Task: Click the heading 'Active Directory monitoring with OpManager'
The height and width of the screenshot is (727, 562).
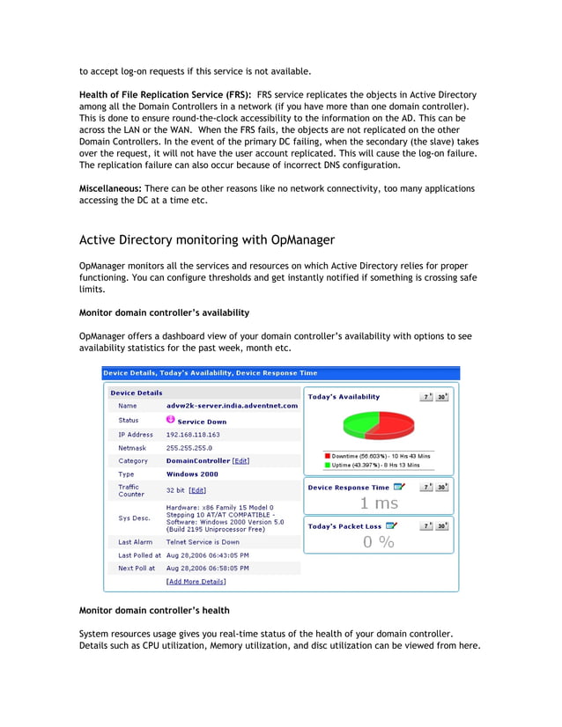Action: point(207,239)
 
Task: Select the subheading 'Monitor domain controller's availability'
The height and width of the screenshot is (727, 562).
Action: point(164,312)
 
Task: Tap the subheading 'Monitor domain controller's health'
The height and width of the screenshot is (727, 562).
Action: point(154,610)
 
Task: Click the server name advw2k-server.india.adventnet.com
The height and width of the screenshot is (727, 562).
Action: point(232,406)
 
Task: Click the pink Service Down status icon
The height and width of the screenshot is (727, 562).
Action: point(171,420)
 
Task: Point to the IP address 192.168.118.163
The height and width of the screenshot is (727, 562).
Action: point(193,435)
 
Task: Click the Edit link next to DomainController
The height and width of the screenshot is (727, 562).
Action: point(240,460)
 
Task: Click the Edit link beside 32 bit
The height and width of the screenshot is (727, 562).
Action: point(197,490)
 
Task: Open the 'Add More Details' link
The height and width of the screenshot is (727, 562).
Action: point(196,582)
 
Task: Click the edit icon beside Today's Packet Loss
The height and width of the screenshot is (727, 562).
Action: point(392,526)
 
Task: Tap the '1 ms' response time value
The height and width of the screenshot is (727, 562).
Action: point(379,503)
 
